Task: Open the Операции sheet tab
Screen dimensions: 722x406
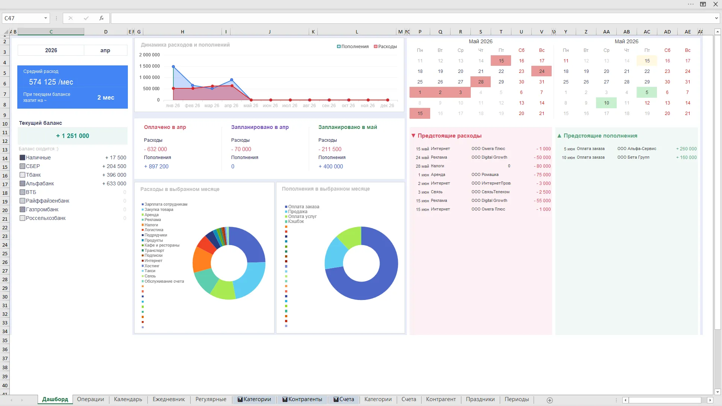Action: click(90, 400)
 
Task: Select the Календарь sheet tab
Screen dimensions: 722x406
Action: click(128, 400)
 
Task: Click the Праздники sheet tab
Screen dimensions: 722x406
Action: click(480, 400)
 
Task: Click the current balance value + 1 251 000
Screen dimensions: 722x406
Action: click(73, 136)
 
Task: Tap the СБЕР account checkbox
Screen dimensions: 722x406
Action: click(23, 166)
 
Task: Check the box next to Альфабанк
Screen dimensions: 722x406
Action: click(23, 183)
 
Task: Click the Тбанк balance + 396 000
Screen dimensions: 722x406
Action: click(114, 175)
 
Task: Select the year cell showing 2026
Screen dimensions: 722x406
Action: click(51, 50)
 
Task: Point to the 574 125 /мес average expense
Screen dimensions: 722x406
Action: click(51, 82)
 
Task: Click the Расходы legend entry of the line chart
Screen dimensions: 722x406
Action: click(385, 47)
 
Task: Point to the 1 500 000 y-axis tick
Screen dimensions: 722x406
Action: click(149, 66)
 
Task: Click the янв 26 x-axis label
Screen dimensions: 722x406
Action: click(173, 106)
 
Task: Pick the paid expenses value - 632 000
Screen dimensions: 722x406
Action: click(155, 149)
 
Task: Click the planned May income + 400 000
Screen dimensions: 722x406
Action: click(331, 167)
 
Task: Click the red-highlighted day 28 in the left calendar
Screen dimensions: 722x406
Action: click(481, 82)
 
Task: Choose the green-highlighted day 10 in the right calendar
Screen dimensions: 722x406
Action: click(606, 103)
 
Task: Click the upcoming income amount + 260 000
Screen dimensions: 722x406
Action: click(686, 149)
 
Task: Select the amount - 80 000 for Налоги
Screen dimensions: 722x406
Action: click(542, 166)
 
